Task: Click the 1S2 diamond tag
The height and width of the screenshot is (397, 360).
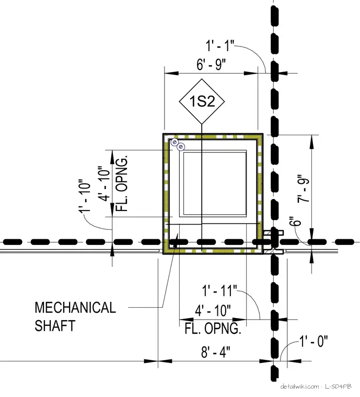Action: click(x=202, y=101)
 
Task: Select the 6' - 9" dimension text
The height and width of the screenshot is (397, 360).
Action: click(x=211, y=64)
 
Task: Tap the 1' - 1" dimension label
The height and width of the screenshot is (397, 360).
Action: click(x=220, y=46)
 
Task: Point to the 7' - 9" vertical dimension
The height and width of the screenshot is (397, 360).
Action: click(x=303, y=188)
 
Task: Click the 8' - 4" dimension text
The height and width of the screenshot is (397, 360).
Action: click(x=216, y=352)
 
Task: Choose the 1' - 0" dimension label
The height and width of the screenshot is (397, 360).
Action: click(x=313, y=341)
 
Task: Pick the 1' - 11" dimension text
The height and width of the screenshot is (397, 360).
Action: click(x=219, y=290)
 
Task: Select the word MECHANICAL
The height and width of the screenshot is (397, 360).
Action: click(x=75, y=308)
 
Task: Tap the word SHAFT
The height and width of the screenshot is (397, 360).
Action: click(x=55, y=325)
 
